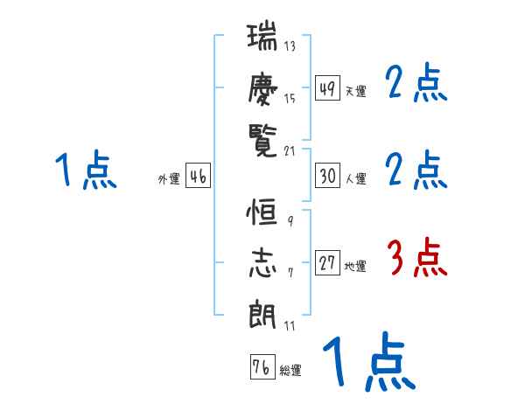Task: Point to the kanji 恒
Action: [262, 214]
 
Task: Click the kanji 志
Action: [262, 261]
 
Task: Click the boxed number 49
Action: [327, 88]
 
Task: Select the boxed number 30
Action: [327, 176]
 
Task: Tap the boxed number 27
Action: [327, 263]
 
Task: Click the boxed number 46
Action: [198, 176]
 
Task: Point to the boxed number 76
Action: [262, 367]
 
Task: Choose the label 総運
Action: [290, 371]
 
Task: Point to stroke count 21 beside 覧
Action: [290, 150]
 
